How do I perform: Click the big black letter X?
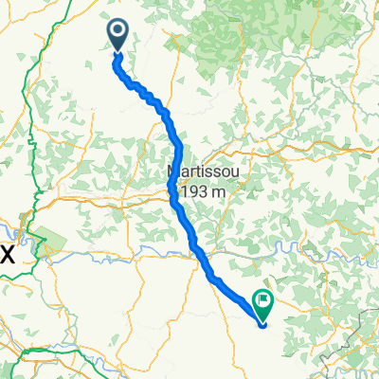coord(9,252)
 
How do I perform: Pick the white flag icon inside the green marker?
coord(262,301)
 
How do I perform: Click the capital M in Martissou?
coord(175,171)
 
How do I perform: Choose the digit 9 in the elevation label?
coord(194,193)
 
